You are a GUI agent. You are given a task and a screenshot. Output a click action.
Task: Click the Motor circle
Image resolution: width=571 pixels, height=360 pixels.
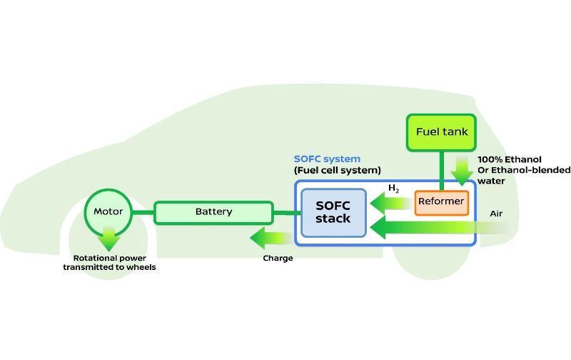[x=108, y=211]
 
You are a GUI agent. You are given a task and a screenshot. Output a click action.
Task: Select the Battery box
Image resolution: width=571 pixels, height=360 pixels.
[x=213, y=212]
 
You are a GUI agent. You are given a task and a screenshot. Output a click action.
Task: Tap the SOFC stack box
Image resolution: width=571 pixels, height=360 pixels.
[x=333, y=212]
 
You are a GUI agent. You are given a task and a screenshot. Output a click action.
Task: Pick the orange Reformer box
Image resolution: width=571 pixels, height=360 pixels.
[x=441, y=202]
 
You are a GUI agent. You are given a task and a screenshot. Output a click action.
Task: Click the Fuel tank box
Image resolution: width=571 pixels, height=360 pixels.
[x=442, y=132]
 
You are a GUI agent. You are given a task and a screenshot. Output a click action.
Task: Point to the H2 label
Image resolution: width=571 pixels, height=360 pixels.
[x=394, y=189]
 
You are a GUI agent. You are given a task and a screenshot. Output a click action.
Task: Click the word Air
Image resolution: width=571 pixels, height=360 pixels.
[x=497, y=214]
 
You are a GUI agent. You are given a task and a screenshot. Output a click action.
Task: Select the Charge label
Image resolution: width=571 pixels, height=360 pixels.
[x=278, y=258]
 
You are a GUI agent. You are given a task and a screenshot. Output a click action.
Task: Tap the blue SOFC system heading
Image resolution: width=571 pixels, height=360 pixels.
[x=327, y=159]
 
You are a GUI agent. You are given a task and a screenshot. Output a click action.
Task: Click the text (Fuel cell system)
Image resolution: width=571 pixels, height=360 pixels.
[x=338, y=170]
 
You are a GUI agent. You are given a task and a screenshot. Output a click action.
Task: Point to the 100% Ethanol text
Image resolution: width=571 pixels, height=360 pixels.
[x=510, y=159]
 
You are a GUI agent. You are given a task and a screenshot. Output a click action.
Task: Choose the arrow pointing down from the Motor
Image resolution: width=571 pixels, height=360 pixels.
[x=108, y=238]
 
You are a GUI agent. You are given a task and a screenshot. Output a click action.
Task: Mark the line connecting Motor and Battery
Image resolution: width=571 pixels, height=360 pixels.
[x=143, y=212]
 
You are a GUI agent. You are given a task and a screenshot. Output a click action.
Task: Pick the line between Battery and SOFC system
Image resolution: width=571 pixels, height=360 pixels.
[x=284, y=212]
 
